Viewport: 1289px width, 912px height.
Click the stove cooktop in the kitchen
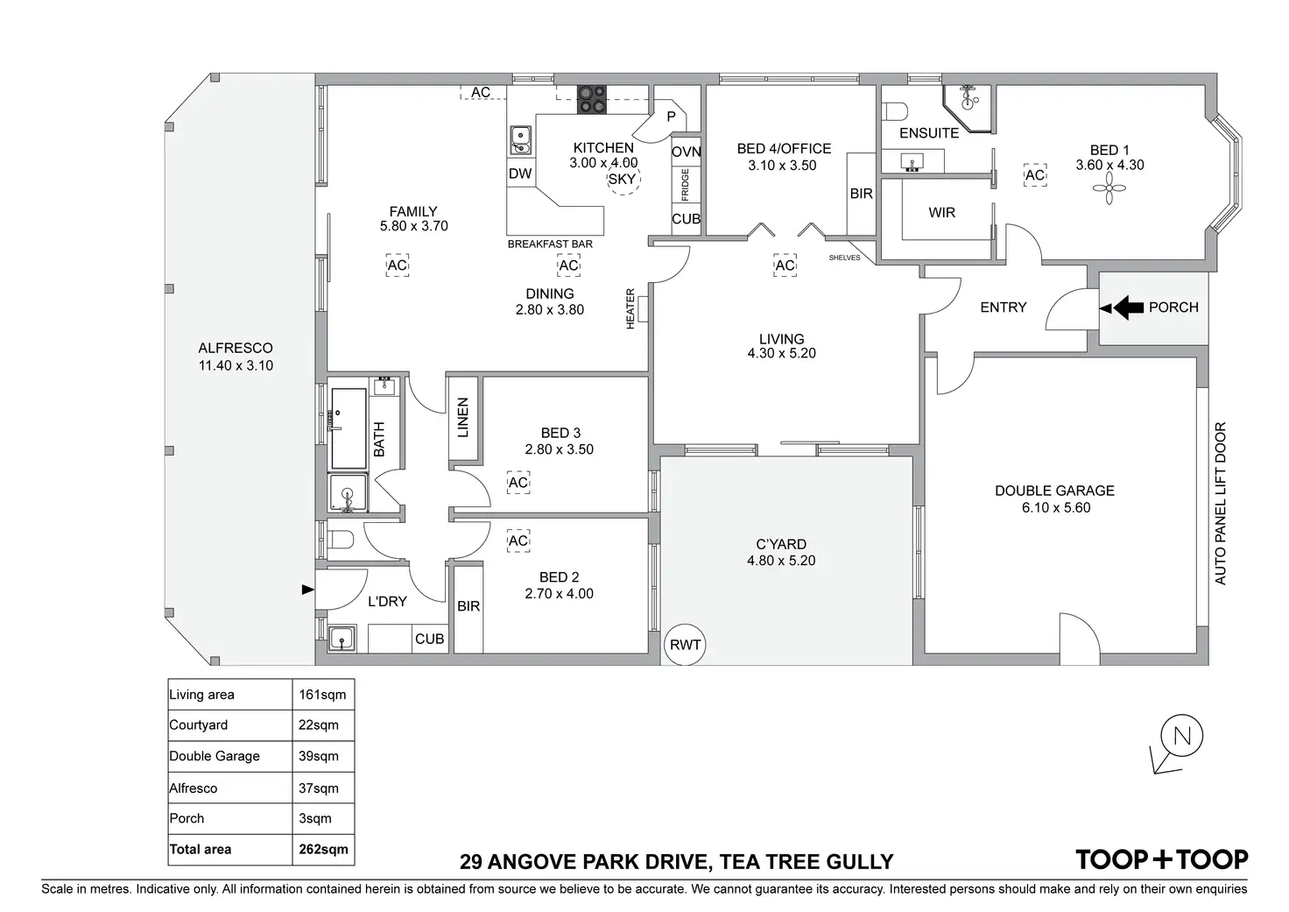click(591, 99)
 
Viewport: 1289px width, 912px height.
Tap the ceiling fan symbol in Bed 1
click(1109, 188)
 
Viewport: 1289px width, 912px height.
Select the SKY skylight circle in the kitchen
click(623, 180)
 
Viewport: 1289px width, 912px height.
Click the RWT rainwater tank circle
click(685, 645)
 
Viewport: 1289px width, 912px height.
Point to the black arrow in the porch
click(1129, 308)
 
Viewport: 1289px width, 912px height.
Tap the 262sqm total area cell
click(323, 849)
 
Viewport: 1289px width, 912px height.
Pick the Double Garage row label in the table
click(215, 756)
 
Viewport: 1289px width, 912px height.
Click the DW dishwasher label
click(520, 173)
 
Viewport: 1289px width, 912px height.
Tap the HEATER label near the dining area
click(630, 309)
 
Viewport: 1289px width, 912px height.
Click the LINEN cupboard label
click(463, 417)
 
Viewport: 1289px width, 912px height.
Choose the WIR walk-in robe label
click(942, 213)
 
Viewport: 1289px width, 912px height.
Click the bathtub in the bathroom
click(349, 428)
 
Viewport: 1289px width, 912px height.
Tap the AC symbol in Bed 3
click(518, 483)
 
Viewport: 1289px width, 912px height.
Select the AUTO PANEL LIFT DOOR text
click(1221, 504)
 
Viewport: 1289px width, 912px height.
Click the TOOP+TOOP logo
click(1162, 859)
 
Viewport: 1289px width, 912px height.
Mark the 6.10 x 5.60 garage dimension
click(1055, 507)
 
